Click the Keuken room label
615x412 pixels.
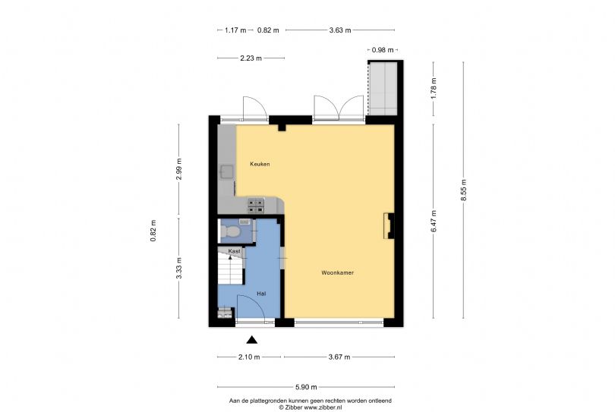pyautogui.click(x=260, y=164)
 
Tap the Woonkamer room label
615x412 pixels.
pyautogui.click(x=337, y=272)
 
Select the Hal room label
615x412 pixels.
pyautogui.click(x=261, y=293)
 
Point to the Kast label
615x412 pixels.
pyautogui.click(x=234, y=251)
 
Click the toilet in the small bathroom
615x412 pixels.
pyautogui.click(x=231, y=232)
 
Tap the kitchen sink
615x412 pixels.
pyautogui.click(x=227, y=171)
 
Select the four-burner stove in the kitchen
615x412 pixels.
pyautogui.click(x=256, y=206)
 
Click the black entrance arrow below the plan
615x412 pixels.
pyautogui.click(x=252, y=339)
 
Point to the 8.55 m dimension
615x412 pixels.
pyautogui.click(x=464, y=190)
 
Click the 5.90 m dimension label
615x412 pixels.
pyautogui.click(x=306, y=387)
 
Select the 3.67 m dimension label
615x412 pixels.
pyautogui.click(x=339, y=357)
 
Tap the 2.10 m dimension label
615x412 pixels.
pyautogui.click(x=249, y=357)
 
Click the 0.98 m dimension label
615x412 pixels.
pyautogui.click(x=383, y=50)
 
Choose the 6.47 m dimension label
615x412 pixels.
pyautogui.click(x=434, y=221)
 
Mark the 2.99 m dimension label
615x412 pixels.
pyautogui.click(x=179, y=169)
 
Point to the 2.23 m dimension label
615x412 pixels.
pyautogui.click(x=251, y=58)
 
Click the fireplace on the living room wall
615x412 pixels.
pyautogui.click(x=389, y=226)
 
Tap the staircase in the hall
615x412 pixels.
pyautogui.click(x=230, y=269)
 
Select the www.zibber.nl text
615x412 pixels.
pyautogui.click(x=323, y=407)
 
